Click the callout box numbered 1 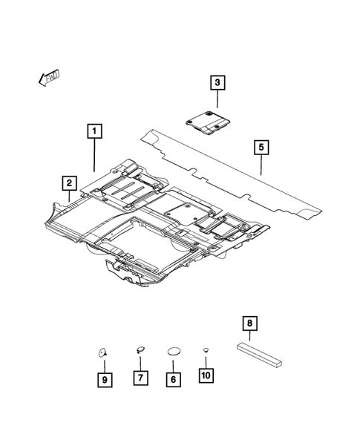click(x=94, y=134)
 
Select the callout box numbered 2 click(x=68, y=182)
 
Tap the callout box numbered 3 click(x=217, y=82)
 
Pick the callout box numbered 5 click(x=261, y=147)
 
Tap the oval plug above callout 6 click(x=173, y=349)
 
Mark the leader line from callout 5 click(x=261, y=165)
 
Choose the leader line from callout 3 click(x=217, y=99)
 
